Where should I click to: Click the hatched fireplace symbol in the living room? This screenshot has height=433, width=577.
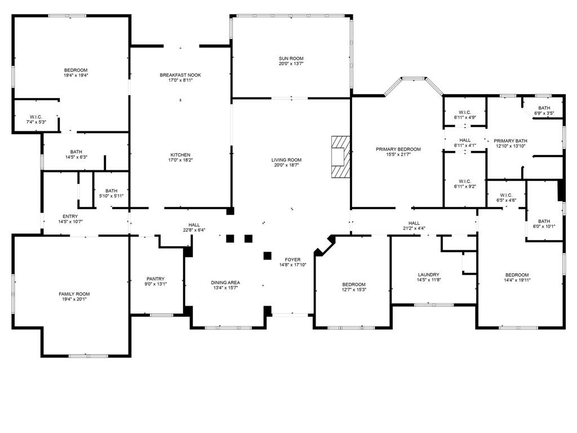[340, 158]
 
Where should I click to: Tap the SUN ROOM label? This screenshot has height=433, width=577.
[291, 59]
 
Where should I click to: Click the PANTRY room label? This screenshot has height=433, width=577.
[156, 279]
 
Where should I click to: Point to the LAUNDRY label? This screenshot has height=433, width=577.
[428, 275]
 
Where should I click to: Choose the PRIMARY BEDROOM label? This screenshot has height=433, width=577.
[398, 149]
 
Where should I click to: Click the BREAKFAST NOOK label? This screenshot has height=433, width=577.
[180, 75]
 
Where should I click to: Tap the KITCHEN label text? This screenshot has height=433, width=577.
[180, 155]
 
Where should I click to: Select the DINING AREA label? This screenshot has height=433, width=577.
[225, 282]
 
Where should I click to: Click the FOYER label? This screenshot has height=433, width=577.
[292, 259]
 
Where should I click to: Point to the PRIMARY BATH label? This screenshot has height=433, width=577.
[511, 141]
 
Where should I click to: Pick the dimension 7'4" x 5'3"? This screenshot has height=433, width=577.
[36, 122]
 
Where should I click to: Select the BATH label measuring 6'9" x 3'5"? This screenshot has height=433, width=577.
[544, 108]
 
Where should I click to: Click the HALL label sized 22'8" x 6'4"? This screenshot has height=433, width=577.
[194, 225]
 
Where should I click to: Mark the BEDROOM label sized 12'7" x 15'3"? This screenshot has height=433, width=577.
[354, 284]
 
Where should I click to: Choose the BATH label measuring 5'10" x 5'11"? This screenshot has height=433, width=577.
[111, 191]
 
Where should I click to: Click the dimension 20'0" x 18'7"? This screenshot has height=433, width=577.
[286, 166]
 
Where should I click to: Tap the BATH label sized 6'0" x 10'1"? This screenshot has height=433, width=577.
[544, 222]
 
